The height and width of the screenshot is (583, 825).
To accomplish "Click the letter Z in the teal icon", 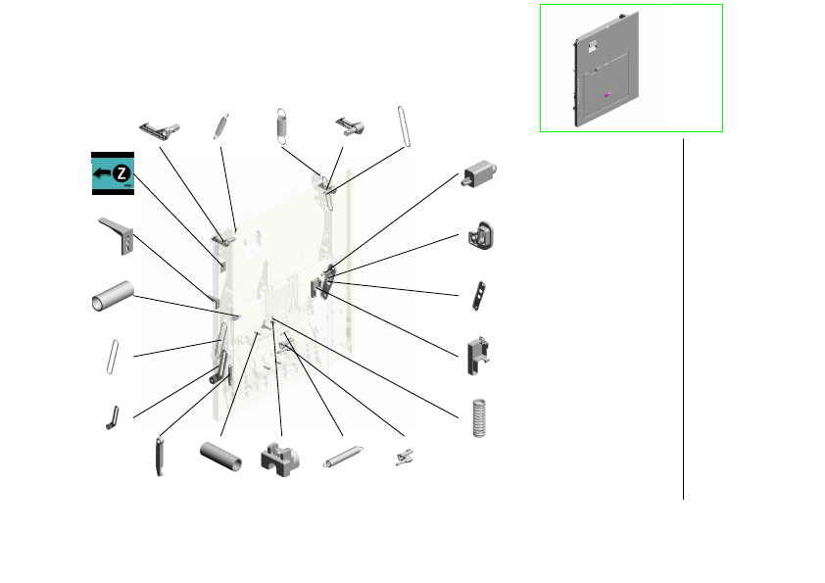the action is click(122, 172).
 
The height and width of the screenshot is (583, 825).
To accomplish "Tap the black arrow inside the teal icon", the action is click(102, 173).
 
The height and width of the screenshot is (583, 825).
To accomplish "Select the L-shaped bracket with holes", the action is click(117, 236).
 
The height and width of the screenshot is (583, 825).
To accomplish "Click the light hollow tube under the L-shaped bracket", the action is click(113, 296).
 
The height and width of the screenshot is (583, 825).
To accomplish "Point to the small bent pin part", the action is click(113, 417).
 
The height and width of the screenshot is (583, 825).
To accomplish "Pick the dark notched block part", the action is click(280, 460).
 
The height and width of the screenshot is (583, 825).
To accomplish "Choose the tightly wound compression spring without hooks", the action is click(479, 417).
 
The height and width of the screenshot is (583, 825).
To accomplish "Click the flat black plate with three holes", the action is click(479, 296).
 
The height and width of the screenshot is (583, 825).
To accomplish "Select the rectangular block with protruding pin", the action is click(479, 173).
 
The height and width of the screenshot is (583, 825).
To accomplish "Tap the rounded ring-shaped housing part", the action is click(480, 236).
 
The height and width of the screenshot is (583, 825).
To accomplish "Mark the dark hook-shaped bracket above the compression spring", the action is click(478, 357).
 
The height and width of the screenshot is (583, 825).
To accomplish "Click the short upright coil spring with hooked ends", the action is click(282, 126).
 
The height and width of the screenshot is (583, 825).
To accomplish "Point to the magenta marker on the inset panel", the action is click(607, 95).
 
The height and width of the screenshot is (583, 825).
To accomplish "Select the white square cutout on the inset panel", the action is click(593, 46).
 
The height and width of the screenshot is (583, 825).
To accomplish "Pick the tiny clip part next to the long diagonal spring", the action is click(405, 458).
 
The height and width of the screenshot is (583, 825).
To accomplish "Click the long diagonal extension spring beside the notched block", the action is click(343, 457).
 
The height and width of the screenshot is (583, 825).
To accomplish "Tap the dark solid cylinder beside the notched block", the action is click(221, 457).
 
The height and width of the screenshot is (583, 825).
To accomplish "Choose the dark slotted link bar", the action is click(160, 457).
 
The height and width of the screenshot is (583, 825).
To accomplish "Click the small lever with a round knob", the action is click(351, 126).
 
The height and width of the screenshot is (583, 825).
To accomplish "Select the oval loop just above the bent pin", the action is click(113, 357).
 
